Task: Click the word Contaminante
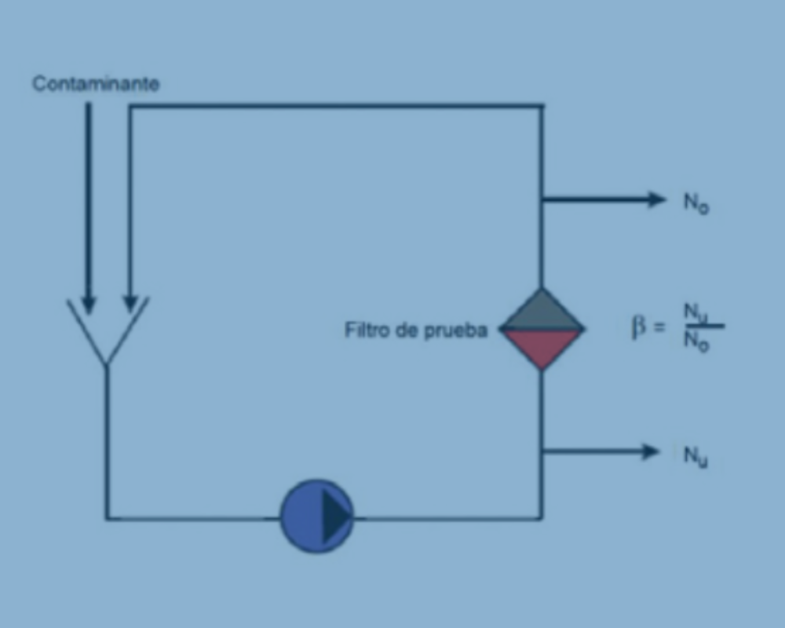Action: (x=96, y=84)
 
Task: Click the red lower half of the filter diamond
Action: (x=542, y=346)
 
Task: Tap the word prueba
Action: (x=455, y=331)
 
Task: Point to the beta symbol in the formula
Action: (x=638, y=327)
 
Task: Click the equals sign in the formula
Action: (x=659, y=327)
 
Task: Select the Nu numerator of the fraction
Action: (x=696, y=312)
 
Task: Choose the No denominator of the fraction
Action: (x=696, y=341)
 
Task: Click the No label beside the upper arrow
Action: (x=696, y=203)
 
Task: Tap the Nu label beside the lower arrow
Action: (x=696, y=456)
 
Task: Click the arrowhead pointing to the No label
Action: (x=657, y=199)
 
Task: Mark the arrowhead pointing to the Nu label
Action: (x=652, y=451)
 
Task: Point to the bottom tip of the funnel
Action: (x=106, y=364)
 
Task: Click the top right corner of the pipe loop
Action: (x=542, y=106)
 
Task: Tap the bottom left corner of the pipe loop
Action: (x=106, y=518)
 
